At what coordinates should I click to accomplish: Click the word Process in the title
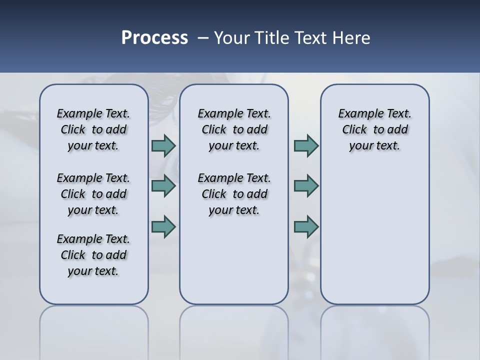(x=154, y=38)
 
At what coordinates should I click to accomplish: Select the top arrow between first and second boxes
(x=163, y=146)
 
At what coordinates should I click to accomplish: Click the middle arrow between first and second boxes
(x=163, y=186)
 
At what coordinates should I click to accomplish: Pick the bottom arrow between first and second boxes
(x=163, y=226)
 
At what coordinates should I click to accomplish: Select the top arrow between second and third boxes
(x=306, y=146)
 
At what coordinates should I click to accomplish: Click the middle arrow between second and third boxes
(x=306, y=186)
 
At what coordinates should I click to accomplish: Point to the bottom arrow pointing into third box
(x=306, y=226)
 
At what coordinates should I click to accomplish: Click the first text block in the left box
(x=93, y=129)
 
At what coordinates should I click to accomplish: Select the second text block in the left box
(x=93, y=194)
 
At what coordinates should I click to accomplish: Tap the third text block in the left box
(x=93, y=255)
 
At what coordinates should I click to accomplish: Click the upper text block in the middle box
(x=234, y=129)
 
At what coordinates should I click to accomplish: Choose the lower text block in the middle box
(x=234, y=194)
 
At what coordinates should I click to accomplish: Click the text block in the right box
(x=374, y=129)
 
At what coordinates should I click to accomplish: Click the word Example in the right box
(x=356, y=114)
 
